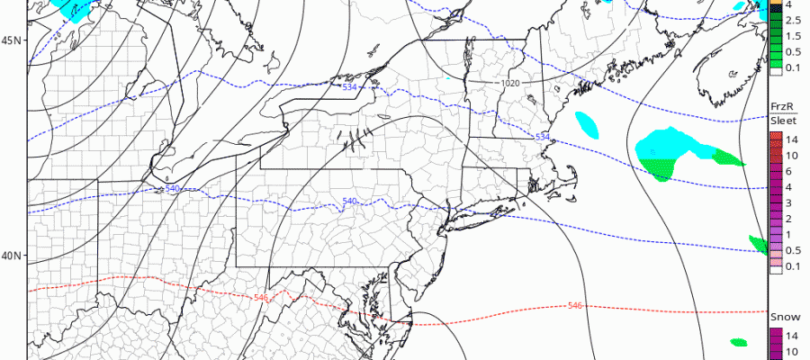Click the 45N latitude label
click(x=12, y=40)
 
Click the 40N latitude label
click(x=12, y=256)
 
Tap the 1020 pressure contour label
click(x=510, y=83)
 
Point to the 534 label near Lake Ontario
click(x=349, y=86)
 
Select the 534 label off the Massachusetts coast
click(x=543, y=136)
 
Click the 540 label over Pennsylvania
click(x=350, y=201)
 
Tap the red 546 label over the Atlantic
click(x=574, y=306)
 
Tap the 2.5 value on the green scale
click(x=789, y=21)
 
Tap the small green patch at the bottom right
click(x=739, y=342)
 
